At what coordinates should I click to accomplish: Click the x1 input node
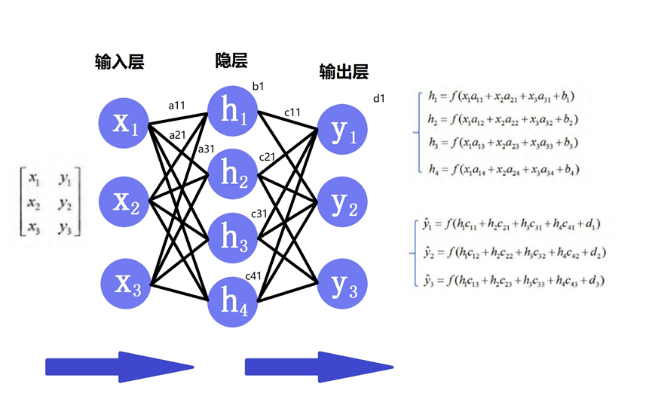pos(125,122)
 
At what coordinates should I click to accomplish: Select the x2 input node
pos(125,202)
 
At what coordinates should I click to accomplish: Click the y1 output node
pos(343,131)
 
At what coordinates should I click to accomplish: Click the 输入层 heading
pos(119,62)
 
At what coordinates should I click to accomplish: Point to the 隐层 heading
pos(231,60)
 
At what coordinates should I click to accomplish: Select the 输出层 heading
pos(344,72)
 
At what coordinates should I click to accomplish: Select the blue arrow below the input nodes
pos(120,367)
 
